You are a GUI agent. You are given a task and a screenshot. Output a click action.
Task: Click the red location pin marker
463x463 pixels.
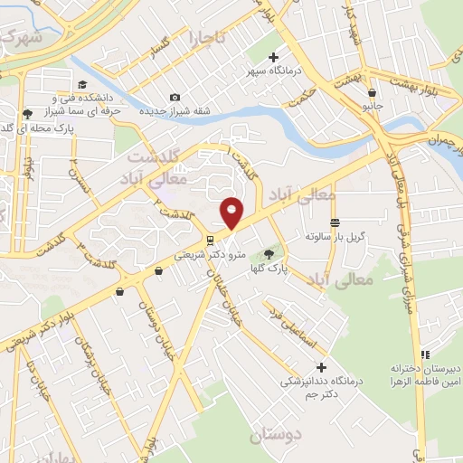232,212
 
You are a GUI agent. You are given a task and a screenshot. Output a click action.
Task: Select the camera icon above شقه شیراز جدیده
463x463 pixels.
175,98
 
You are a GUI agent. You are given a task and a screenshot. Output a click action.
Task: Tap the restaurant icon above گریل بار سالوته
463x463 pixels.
335,222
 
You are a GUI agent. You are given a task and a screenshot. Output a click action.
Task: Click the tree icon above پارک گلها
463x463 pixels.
268,253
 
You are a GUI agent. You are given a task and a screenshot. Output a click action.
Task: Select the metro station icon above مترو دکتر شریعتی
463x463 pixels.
210,240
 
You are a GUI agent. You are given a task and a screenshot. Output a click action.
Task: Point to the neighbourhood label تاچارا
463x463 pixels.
209,38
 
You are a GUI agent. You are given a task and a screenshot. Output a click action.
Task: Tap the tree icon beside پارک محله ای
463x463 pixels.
26,115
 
